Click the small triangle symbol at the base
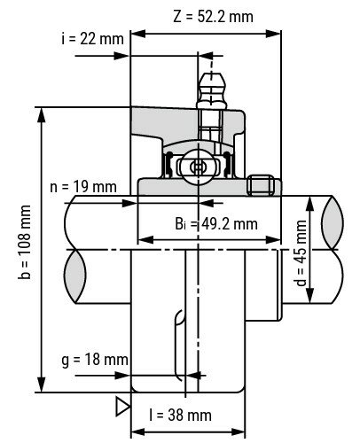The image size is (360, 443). click(x=122, y=406)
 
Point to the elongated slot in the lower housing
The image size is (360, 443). click(x=179, y=341)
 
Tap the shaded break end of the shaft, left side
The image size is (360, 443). click(x=74, y=265)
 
